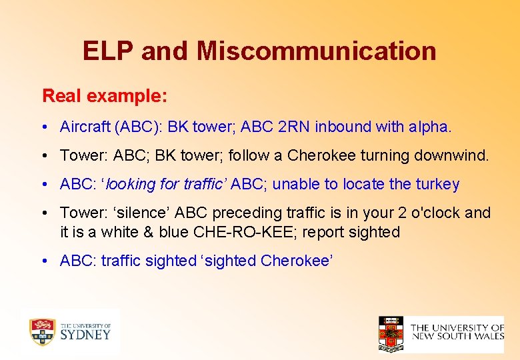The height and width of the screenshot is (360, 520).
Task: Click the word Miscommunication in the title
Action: tap(316, 51)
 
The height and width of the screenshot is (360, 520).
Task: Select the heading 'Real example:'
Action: tap(105, 95)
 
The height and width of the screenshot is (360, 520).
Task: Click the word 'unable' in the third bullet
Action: tap(294, 184)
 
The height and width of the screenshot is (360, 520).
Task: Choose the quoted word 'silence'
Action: tap(129, 213)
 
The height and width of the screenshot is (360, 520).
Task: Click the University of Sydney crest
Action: tap(42, 331)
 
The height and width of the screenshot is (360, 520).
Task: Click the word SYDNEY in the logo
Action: tap(85, 335)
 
